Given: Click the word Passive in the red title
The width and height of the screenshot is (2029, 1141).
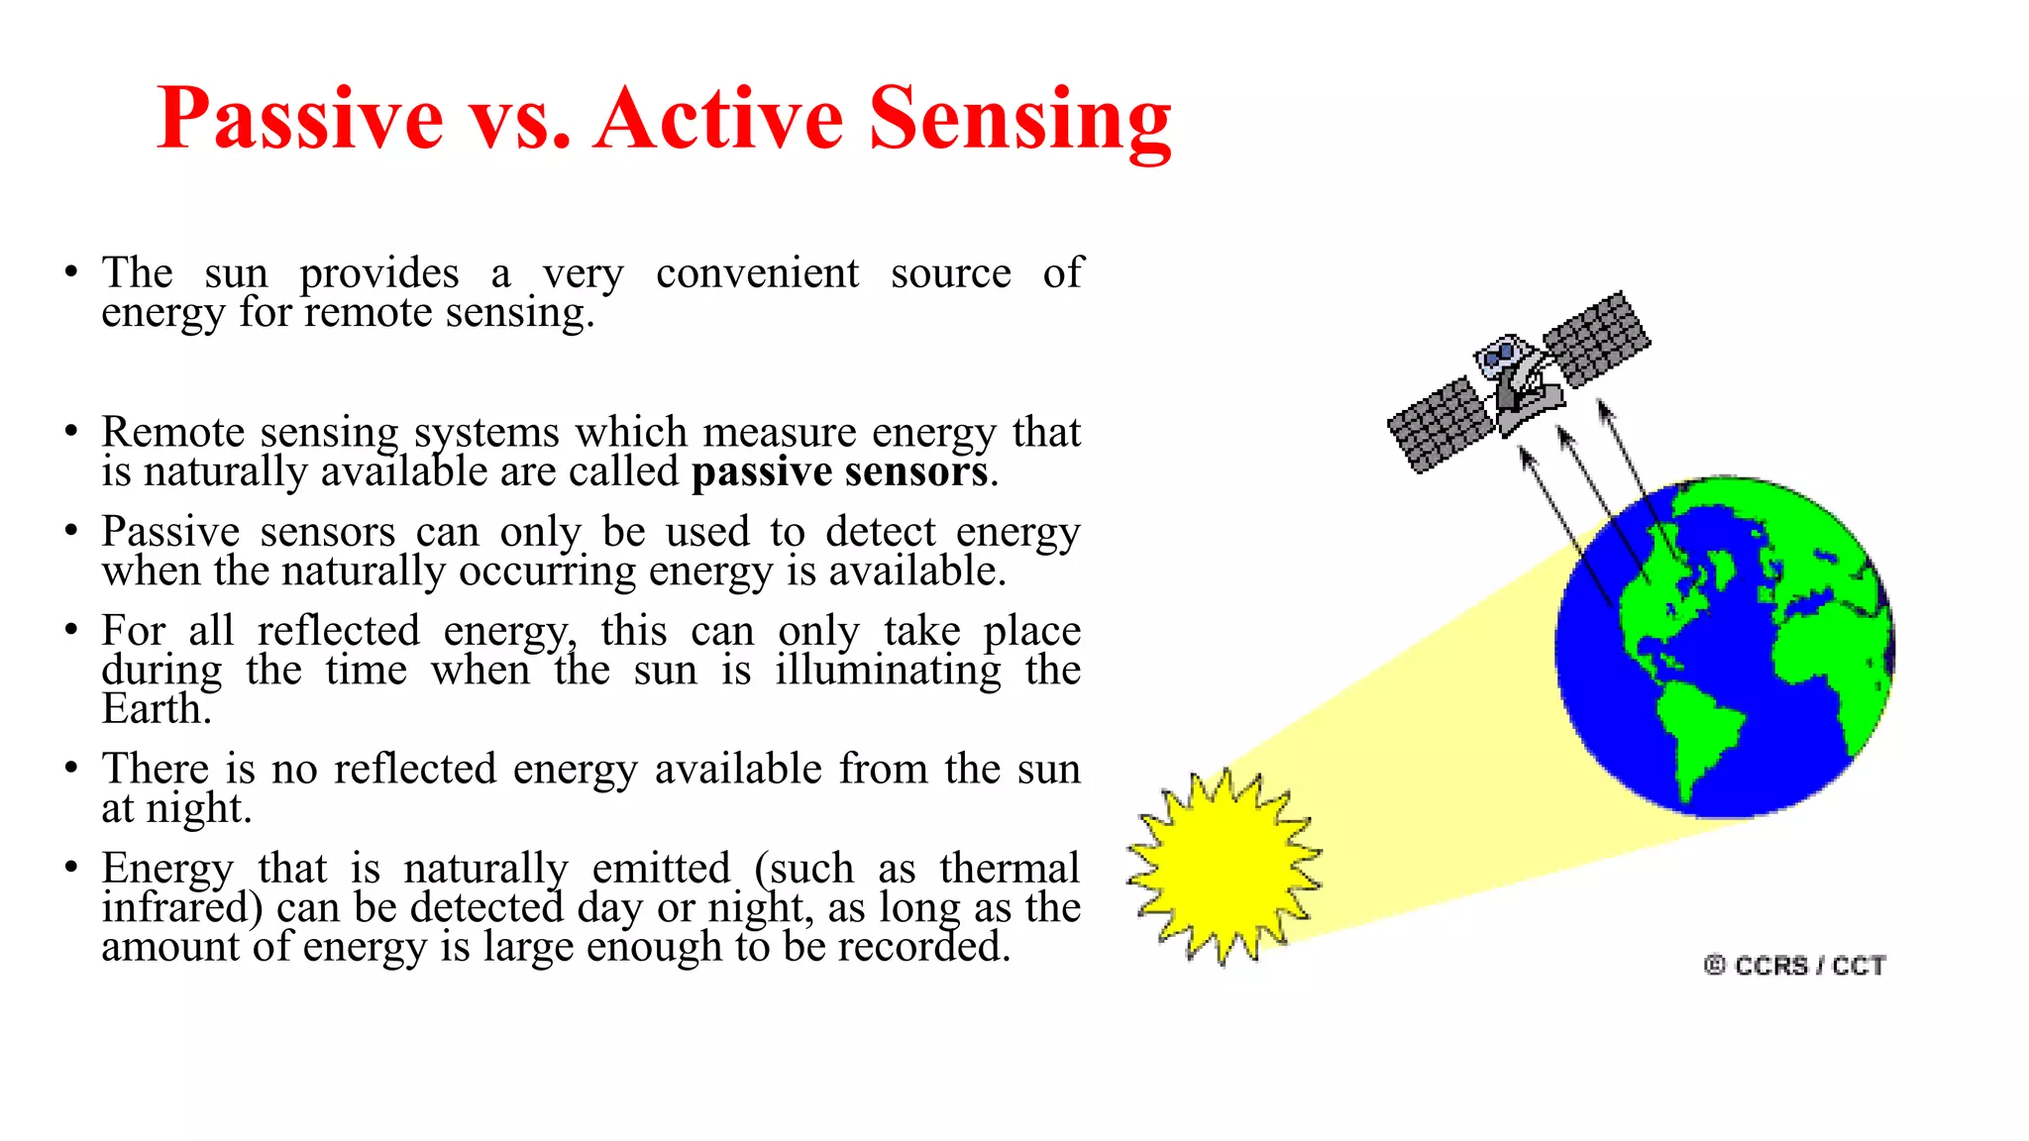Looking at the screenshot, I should tap(300, 119).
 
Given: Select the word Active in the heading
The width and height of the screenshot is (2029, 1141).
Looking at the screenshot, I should tap(718, 119).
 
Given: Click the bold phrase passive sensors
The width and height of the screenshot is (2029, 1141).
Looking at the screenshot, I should tap(839, 472).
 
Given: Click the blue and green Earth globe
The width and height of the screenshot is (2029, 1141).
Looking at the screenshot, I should tap(1724, 649).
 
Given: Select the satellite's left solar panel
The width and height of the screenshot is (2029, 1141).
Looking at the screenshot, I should tap(1439, 426).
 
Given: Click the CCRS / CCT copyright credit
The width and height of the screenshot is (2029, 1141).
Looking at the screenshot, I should tap(1794, 965).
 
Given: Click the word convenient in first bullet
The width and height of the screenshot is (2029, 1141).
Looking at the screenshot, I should tap(757, 273).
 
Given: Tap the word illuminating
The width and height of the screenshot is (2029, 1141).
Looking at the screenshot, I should tap(888, 671).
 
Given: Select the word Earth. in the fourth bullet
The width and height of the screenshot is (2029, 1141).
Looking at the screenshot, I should tap(157, 709).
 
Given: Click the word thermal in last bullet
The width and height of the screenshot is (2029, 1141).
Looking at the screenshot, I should tap(1009, 869).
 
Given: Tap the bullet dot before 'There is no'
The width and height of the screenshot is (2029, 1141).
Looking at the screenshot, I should tap(71, 769).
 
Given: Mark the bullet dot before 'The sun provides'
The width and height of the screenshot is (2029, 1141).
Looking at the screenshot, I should tap(71, 272).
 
